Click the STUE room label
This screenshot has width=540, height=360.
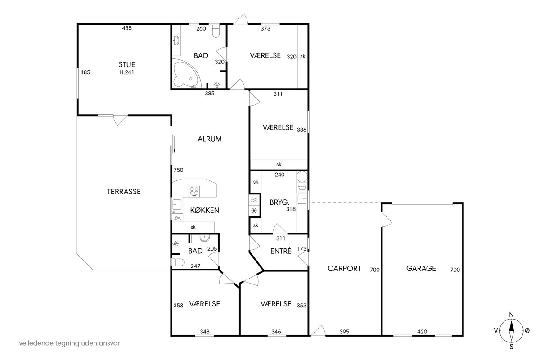[x=127, y=64]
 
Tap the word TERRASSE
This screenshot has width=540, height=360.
[x=124, y=192]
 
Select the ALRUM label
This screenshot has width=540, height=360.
[x=210, y=139]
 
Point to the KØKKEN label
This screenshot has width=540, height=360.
[x=204, y=210]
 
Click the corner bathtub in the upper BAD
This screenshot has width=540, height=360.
[x=186, y=74]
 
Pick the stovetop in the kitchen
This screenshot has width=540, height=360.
[x=194, y=191]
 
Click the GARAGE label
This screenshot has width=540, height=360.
[x=421, y=268]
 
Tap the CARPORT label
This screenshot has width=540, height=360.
[x=344, y=268]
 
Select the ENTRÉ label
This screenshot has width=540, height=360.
[x=281, y=251]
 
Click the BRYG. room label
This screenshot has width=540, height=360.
[x=279, y=202]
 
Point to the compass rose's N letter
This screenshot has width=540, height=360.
[x=511, y=315]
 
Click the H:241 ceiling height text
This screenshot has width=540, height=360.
[x=126, y=72]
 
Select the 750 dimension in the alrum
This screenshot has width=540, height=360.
[x=178, y=170]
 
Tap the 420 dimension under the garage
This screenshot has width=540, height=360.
[x=422, y=332]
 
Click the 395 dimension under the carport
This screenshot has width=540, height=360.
[x=344, y=332]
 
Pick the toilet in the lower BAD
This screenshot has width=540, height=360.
[x=178, y=262]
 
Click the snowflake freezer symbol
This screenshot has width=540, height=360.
[x=254, y=211]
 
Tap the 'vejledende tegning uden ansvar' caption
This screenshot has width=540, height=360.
[x=69, y=343]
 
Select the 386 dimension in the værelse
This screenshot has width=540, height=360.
[x=301, y=130]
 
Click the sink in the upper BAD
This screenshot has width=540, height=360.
[x=176, y=40]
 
